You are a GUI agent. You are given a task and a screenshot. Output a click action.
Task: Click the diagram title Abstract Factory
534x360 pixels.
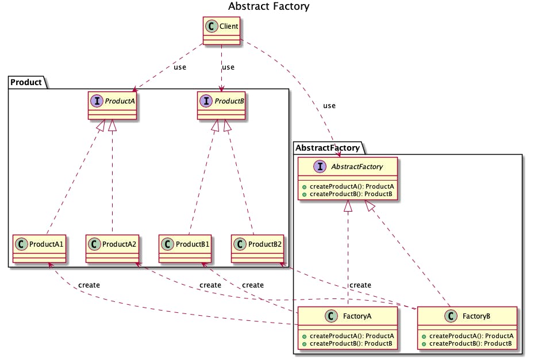tap(268, 7)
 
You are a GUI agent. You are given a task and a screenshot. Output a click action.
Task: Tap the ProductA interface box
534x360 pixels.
tap(113, 105)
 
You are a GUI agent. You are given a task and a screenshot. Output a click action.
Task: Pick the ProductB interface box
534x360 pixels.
tap(221, 105)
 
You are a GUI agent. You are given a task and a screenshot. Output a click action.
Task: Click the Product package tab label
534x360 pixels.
tap(26, 82)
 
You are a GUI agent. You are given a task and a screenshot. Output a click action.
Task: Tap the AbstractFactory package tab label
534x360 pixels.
tap(328, 148)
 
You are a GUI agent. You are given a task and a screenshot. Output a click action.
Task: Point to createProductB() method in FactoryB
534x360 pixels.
tap(467, 343)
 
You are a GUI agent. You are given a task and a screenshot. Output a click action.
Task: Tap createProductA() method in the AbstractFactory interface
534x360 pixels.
tap(347, 186)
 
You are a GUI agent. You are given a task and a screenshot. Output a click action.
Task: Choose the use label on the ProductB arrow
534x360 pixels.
tap(228, 67)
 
